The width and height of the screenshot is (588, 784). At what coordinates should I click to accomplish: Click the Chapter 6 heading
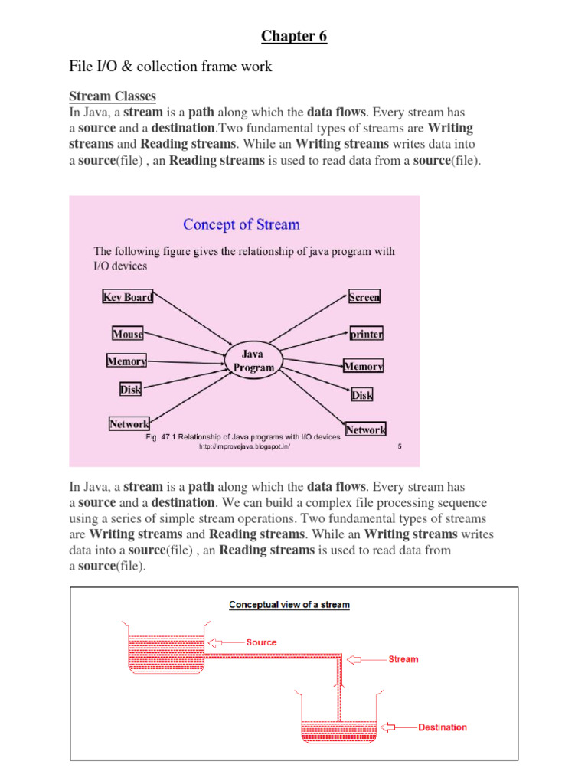tap(294, 36)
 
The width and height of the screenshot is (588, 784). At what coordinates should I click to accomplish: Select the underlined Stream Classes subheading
tap(113, 96)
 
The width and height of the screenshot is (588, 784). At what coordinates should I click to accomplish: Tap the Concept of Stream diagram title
tap(241, 224)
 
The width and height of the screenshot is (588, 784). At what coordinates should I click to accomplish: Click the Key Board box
tap(128, 297)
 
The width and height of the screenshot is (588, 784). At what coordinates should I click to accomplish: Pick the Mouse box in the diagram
tap(128, 334)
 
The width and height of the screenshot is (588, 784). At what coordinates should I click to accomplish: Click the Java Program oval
tap(253, 361)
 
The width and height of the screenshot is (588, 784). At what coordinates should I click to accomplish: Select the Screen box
tap(364, 297)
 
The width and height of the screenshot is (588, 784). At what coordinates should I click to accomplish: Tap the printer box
tap(366, 334)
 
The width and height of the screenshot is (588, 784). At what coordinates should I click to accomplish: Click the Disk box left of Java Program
tap(130, 390)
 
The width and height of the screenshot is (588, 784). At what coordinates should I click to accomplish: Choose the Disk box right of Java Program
tap(362, 395)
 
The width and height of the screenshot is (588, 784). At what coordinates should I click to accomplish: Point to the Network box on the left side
tap(129, 423)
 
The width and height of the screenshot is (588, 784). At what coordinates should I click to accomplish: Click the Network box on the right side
tap(366, 430)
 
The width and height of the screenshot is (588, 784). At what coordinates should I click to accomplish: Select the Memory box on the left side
tap(126, 361)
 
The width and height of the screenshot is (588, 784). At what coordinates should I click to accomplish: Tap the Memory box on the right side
tap(363, 367)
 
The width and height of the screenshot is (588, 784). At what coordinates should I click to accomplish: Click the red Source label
tap(261, 642)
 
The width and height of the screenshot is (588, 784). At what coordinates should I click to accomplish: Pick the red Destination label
tap(443, 727)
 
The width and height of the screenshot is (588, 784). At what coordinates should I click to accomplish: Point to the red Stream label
tap(403, 659)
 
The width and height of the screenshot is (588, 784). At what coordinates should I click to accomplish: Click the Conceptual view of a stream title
tap(289, 605)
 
